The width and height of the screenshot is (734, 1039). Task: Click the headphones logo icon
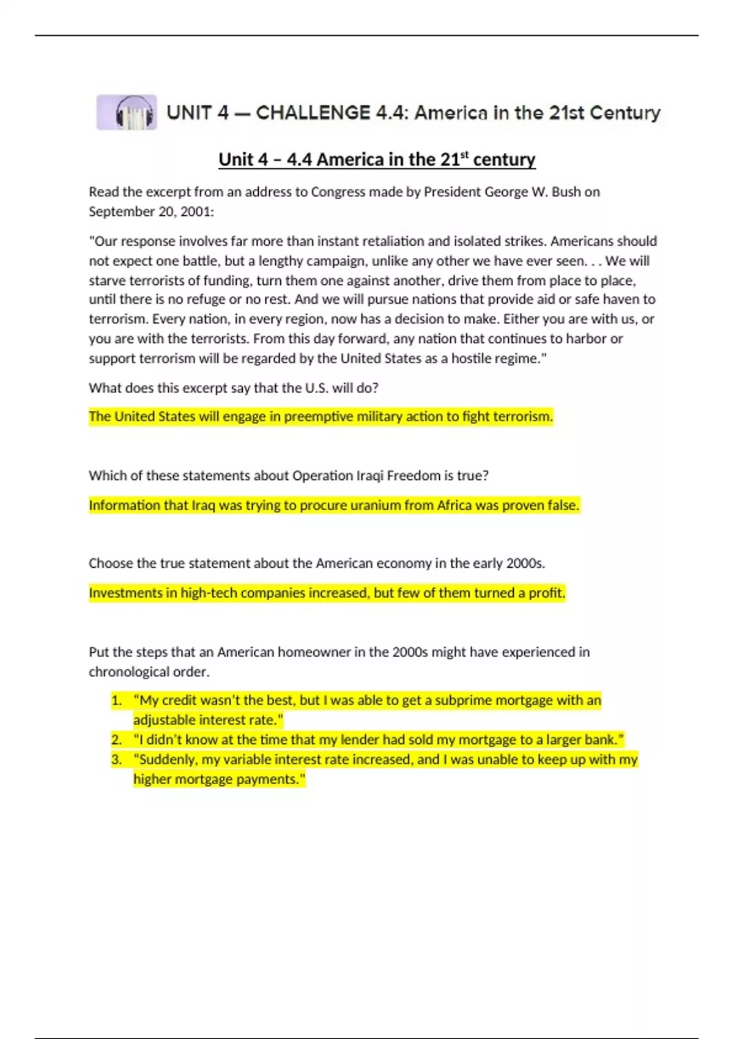click(127, 112)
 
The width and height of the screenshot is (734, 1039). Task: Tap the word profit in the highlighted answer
click(546, 593)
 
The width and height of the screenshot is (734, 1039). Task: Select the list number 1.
click(116, 700)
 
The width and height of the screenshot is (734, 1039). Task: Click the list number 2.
click(116, 740)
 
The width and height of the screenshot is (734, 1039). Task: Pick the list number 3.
click(116, 760)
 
